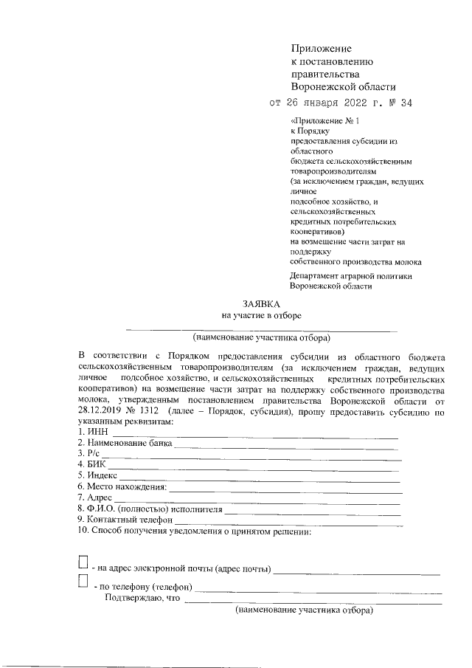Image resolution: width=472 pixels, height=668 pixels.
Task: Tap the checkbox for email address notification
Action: [x=83, y=564]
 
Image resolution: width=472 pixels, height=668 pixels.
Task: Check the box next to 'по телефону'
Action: [x=83, y=583]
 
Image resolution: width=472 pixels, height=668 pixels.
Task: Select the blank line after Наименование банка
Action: [x=285, y=447]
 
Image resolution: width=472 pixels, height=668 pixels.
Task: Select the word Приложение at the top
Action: [x=322, y=48]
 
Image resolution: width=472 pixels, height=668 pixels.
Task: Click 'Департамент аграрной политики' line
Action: [x=350, y=276]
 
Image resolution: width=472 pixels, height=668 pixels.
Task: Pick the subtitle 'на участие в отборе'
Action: [x=262, y=316]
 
